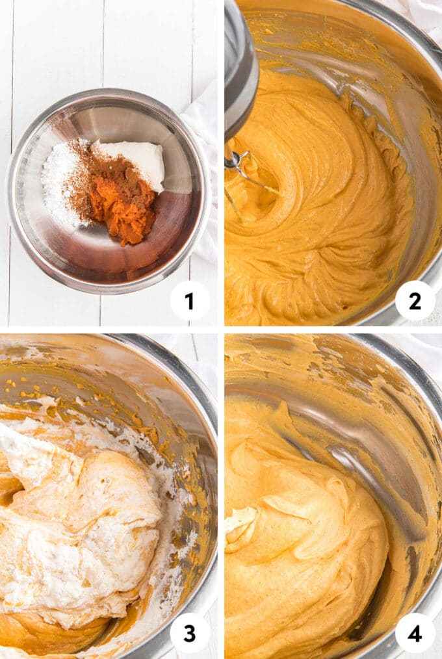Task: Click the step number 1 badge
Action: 189,301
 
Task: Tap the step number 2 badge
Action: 415,301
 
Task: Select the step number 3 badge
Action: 189,633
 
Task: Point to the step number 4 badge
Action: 415,633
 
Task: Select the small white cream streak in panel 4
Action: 239,520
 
